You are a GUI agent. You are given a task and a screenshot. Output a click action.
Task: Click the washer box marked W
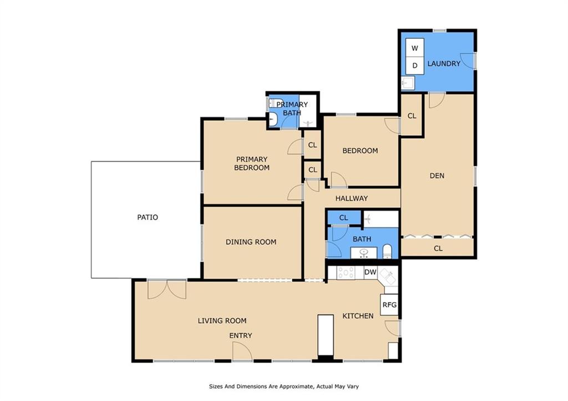click(x=415, y=48)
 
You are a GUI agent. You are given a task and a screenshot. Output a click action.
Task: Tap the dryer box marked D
click(x=415, y=65)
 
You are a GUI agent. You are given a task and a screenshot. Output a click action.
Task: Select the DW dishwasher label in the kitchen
click(x=370, y=272)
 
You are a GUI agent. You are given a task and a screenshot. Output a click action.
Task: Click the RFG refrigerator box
click(x=389, y=304)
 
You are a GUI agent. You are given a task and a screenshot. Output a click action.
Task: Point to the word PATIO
click(x=148, y=217)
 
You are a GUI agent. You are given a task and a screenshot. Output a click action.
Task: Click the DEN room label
click(x=437, y=176)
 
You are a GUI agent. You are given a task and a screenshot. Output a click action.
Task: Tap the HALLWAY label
click(x=351, y=198)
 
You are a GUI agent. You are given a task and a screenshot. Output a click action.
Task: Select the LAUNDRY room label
click(x=444, y=64)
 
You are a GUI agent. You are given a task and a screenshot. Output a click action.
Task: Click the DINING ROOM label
click(x=251, y=242)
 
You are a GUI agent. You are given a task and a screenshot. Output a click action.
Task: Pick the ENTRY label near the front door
click(x=241, y=336)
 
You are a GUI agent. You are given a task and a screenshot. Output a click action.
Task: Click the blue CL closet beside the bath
click(x=344, y=217)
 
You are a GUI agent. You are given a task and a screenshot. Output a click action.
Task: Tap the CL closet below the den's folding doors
click(x=438, y=248)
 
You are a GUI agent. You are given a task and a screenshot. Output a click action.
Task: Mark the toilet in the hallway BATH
click(x=387, y=251)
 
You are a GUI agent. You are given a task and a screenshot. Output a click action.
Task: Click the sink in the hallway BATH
click(x=363, y=253)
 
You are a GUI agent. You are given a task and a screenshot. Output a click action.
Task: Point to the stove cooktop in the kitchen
click(x=346, y=273)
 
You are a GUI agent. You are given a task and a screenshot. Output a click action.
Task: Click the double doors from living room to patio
click(x=166, y=289)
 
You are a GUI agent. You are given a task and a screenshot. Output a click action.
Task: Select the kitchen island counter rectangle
click(x=325, y=335)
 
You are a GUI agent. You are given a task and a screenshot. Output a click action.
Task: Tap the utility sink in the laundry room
click(x=408, y=83)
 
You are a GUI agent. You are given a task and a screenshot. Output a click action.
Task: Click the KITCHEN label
click(x=358, y=316)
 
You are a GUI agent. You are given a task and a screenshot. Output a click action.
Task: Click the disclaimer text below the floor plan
click(x=284, y=387)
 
